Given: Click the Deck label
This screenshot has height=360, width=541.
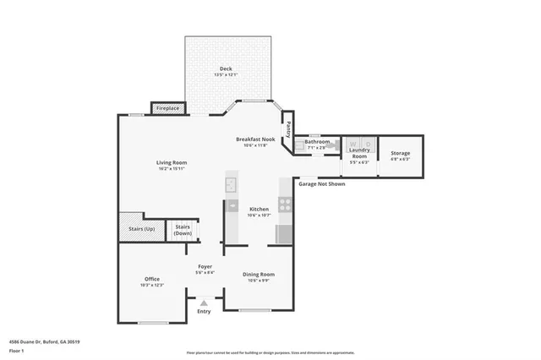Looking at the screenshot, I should point(226,68).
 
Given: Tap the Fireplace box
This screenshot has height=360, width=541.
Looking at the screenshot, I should point(168,108).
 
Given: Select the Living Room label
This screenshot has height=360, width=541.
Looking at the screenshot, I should point(171,162).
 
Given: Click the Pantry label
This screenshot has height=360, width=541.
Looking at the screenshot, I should point(288,130).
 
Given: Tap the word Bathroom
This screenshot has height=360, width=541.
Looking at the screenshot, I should point(317,141).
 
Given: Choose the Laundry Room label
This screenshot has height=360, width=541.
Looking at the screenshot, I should point(359,153).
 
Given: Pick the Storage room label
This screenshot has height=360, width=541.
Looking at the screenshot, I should point(400,153).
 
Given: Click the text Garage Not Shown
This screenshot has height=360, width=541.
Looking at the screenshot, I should point(322,183).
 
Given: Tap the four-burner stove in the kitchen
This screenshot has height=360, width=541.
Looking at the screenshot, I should point(285,204).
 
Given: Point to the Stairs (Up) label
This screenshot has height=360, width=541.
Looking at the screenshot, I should point(141,229).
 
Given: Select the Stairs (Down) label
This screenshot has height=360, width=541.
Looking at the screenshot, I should point(182,229).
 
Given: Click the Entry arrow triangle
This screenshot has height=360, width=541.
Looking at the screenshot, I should point(203,302).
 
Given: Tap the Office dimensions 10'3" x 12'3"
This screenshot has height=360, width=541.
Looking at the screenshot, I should point(152,285).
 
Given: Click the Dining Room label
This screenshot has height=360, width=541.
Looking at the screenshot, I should point(259,274).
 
